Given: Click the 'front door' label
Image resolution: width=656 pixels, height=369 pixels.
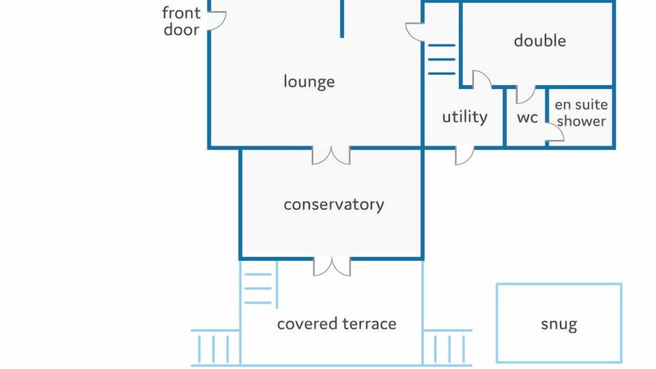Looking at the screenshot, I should tap(181, 21).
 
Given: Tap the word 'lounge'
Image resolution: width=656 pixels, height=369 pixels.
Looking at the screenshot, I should tap(309, 81).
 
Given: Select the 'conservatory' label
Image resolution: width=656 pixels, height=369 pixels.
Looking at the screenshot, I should tap(334, 204).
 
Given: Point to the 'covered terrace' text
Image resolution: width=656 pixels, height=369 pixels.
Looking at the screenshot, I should tap(337, 324).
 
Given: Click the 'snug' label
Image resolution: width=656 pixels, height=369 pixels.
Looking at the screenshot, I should tap(559, 324).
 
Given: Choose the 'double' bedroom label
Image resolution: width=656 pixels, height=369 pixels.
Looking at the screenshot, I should tap(540, 41).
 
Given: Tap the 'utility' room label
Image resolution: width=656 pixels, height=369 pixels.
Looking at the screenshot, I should tap(465, 117).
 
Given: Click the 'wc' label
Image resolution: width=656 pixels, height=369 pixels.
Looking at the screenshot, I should tap(527, 117).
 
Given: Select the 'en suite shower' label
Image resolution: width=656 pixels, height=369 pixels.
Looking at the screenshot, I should tap(581, 113).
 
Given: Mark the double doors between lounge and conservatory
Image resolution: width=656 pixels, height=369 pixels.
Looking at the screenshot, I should tap(331, 155).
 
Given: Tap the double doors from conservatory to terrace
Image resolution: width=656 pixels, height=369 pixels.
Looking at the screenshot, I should tap(332, 266).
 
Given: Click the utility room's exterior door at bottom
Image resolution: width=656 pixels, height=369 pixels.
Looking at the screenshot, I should tap(464, 155).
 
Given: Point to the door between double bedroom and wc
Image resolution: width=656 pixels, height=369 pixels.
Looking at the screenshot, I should tap(525, 94).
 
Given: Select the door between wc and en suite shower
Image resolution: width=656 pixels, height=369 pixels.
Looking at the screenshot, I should tap(555, 133).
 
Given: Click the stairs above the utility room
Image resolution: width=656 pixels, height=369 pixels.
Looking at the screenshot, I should tap(441, 59).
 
